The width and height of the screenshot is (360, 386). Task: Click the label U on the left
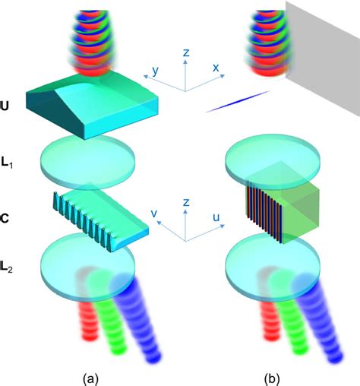5,106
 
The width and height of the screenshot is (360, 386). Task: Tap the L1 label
7,163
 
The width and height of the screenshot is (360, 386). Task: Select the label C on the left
5,218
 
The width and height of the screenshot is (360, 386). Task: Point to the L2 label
6,267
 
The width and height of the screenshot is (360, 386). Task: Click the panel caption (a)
90,379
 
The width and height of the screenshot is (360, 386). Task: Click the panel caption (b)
272,379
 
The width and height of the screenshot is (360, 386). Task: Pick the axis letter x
216,68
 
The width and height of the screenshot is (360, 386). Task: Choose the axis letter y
156,71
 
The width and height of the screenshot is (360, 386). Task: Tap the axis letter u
216,217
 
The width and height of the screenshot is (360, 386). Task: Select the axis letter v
154,214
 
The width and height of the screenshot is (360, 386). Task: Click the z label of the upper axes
186,52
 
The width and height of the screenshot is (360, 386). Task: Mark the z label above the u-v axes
186,202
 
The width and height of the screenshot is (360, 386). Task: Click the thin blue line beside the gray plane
237,102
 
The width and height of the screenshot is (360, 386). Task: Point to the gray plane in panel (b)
323,59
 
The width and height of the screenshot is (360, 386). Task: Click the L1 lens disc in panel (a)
88,163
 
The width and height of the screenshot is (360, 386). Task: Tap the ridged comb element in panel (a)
101,217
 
